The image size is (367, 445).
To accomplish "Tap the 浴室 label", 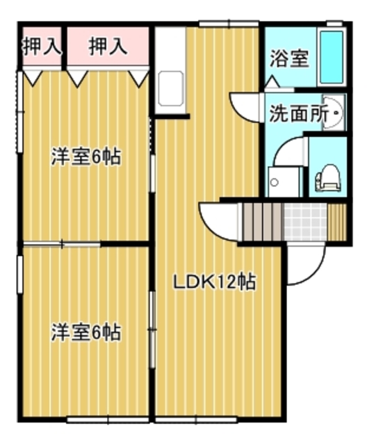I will (289, 58).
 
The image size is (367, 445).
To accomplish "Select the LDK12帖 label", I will (213, 282).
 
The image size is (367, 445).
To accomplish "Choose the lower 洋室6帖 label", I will (85, 332).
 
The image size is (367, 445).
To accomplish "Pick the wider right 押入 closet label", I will (108, 47).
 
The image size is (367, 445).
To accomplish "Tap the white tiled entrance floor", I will (304, 221).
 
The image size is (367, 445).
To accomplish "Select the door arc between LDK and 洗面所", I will (245, 109).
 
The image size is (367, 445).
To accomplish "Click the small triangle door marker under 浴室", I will (272, 82).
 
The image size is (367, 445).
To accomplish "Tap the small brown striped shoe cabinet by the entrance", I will (336, 221).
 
